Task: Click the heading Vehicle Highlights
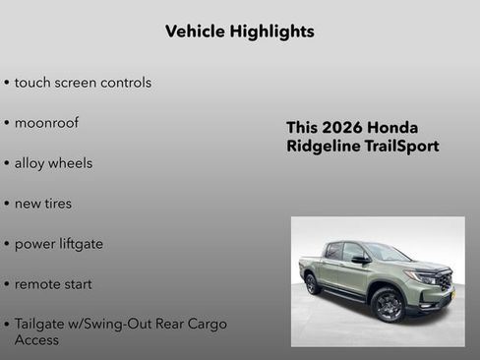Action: pos(240,31)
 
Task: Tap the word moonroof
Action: pos(46,123)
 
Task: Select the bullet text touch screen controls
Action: pos(83,83)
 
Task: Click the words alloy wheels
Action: pos(53,163)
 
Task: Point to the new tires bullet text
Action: pos(43,204)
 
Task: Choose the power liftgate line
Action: pos(59,244)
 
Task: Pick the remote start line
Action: pos(53,284)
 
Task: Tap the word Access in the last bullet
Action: pos(36,340)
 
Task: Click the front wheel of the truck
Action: pos(389,304)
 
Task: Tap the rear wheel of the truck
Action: pos(313,284)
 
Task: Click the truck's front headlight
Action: pos(427,277)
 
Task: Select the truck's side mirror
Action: pos(360,260)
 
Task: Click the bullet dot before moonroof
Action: pos(7,124)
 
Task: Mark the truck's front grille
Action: pos(446,282)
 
